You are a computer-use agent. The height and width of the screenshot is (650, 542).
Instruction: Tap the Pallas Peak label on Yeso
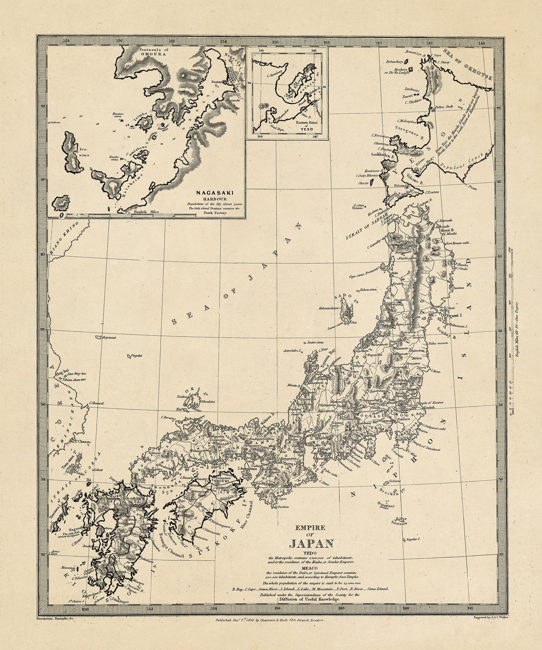point(444,107)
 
